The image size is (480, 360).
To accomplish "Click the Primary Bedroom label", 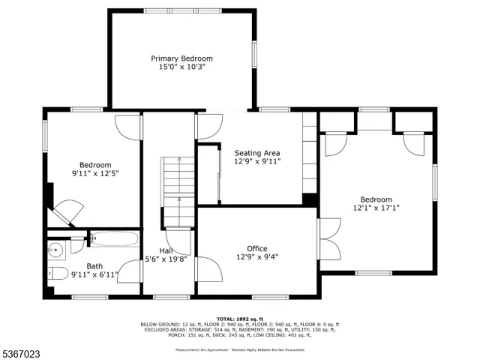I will [x=181, y=58].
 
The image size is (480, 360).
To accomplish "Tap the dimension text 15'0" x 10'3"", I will [x=181, y=67].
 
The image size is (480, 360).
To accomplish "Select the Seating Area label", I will [x=257, y=152].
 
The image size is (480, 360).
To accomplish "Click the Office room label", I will [x=257, y=248].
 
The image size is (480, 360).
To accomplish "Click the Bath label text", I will [x=94, y=265].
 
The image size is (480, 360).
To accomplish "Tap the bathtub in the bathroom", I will [x=114, y=240].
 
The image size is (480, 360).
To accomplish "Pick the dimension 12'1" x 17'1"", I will [x=376, y=208].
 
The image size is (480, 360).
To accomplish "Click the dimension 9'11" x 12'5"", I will [x=95, y=174].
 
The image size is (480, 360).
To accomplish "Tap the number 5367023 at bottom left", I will [x=22, y=352].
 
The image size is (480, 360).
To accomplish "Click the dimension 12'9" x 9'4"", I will [x=257, y=257].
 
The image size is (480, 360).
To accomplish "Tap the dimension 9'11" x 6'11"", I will [x=94, y=274].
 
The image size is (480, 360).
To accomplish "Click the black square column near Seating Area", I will [x=309, y=199].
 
